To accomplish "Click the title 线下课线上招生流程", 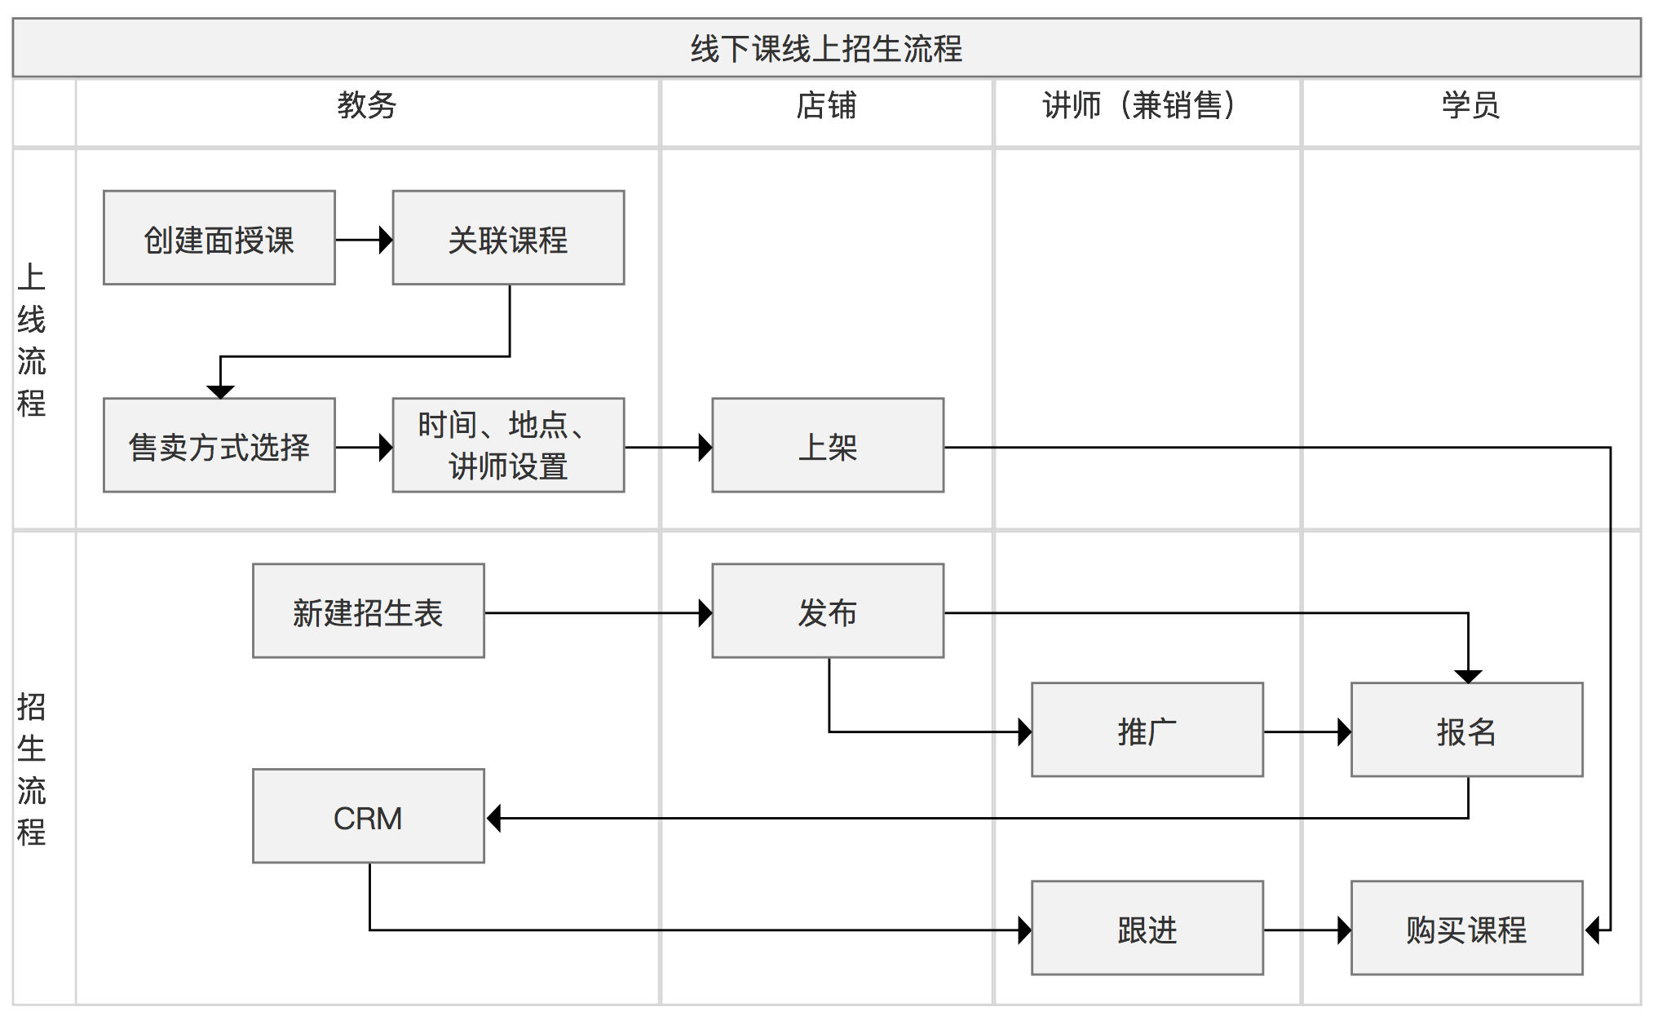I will point(826,49).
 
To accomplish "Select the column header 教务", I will point(367,106).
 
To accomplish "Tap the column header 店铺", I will point(826,106).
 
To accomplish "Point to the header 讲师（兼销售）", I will point(1139,106).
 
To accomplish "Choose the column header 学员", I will point(1470,106).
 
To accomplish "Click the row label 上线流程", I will point(32,339).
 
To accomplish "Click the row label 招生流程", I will point(32,769).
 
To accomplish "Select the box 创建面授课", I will point(219,238).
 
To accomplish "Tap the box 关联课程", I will point(508,238).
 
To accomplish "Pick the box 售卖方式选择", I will point(219,445).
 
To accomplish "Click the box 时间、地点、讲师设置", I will point(508,445).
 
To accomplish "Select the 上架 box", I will point(828,445).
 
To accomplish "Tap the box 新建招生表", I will point(369,611).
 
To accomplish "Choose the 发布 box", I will point(828,611).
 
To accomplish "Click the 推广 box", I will point(1147,730).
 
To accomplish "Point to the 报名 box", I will point(1467,730).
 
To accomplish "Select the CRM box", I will point(369,816).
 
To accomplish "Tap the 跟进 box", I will point(1147,928).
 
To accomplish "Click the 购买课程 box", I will point(1467,928).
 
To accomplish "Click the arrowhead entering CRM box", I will point(493,818).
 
